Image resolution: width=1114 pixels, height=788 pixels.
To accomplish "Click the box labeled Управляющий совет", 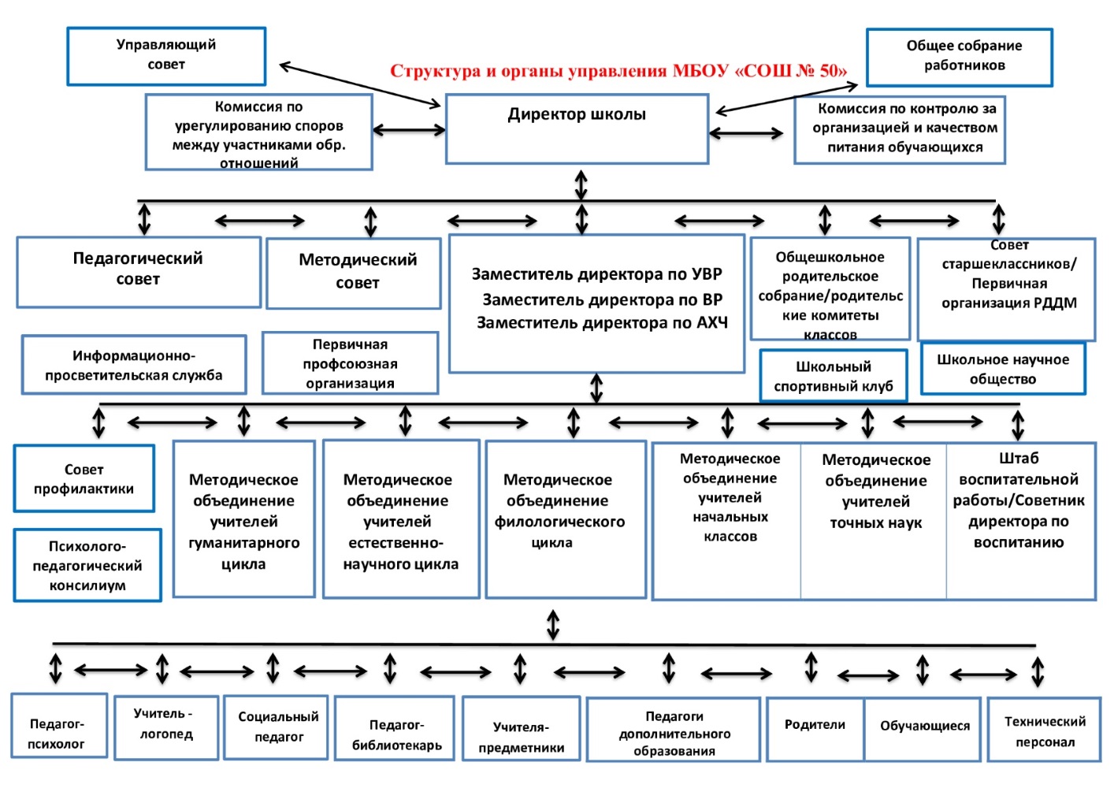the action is (x=166, y=56).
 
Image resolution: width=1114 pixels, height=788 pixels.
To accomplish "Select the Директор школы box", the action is (x=577, y=129).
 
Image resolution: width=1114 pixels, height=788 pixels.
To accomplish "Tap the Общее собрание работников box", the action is (x=960, y=58).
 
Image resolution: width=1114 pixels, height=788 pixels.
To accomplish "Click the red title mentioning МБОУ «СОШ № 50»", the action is (x=618, y=71).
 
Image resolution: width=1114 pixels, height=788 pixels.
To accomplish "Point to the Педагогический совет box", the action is (x=139, y=272).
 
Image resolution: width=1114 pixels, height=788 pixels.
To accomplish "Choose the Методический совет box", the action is (x=354, y=273).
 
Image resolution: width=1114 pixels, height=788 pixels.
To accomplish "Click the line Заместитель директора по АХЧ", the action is (x=602, y=323).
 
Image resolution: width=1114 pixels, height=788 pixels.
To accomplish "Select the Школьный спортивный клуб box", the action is (x=834, y=376).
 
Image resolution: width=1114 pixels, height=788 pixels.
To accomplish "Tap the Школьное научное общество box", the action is (x=1003, y=369).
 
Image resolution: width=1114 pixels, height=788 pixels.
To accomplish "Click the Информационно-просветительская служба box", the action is (x=134, y=365).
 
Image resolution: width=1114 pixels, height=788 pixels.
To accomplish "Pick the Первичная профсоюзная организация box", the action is (x=350, y=363).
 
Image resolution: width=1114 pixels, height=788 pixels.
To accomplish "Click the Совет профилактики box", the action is (x=84, y=478).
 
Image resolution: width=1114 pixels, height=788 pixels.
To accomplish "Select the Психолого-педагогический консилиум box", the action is (x=87, y=565).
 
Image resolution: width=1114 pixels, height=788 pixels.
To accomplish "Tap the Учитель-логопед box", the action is (x=166, y=727).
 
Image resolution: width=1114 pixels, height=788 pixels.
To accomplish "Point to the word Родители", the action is (x=815, y=724).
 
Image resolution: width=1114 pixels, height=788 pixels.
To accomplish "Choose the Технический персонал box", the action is (x=1044, y=730).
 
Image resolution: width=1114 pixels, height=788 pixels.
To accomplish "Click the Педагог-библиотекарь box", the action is (x=395, y=728).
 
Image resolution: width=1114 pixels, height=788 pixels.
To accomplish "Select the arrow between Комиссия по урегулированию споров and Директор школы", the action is (x=409, y=130).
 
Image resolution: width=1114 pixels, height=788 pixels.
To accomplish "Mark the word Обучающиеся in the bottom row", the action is (x=924, y=726).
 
